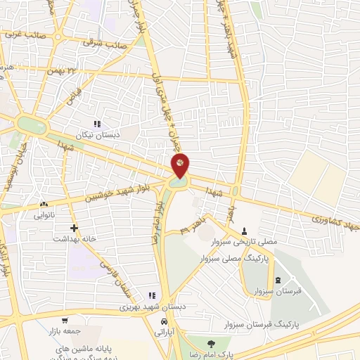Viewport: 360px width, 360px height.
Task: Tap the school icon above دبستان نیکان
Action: (x=106, y=124)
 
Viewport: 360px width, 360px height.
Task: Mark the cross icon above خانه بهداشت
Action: (x=73, y=228)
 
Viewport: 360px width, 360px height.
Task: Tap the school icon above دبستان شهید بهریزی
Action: (x=151, y=296)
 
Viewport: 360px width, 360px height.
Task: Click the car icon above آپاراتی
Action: (x=164, y=321)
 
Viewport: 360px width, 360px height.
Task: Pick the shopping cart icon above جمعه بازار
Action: (x=65, y=320)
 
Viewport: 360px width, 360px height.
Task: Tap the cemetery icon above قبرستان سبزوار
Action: (x=276, y=280)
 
